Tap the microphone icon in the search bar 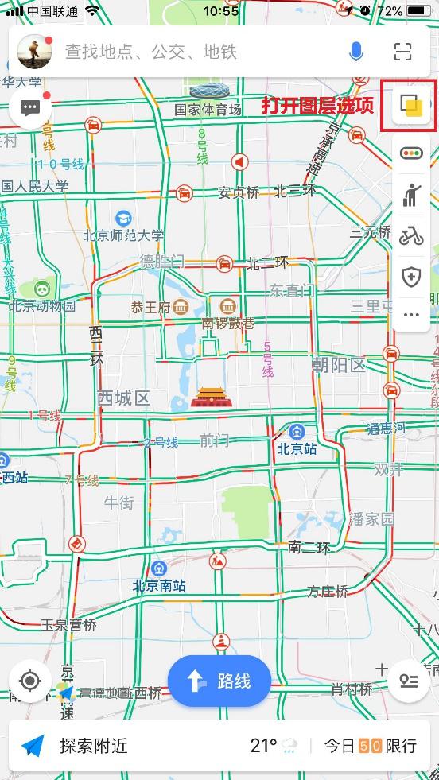coord(356,52)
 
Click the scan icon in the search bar coord(403,52)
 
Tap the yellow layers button coord(411,106)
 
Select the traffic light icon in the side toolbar coord(411,153)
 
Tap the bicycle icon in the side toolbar coord(411,235)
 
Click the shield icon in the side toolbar coord(411,277)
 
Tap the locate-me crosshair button coord(30,681)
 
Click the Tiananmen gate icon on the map coord(212,397)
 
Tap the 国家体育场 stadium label coord(208,110)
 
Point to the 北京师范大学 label coord(123,235)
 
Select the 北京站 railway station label coord(297,448)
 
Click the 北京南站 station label coord(159,585)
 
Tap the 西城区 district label coord(123,398)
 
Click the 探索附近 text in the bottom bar coord(93,746)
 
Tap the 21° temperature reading coord(263,746)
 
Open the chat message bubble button coord(30,107)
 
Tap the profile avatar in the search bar coord(35,52)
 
